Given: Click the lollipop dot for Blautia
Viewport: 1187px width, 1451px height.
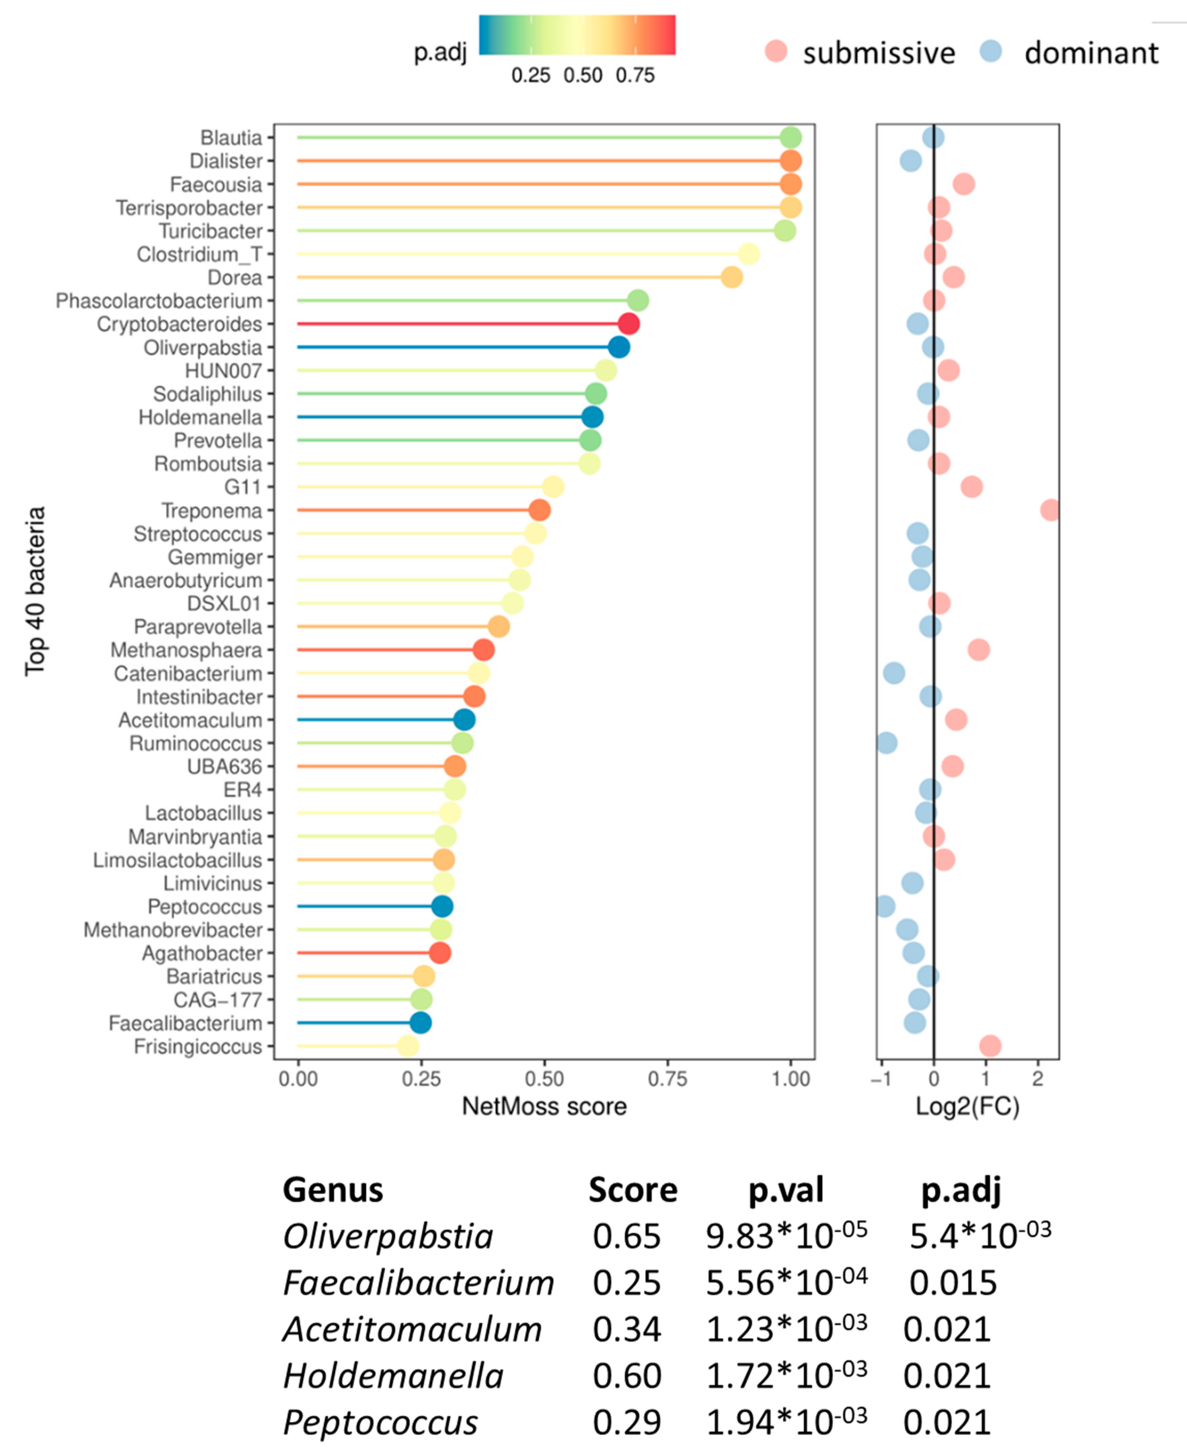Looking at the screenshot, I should point(790,138).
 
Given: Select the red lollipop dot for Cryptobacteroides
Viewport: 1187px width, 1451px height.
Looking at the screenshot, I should point(628,324).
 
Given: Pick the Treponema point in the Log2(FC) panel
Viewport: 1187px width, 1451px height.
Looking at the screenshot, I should point(1050,510).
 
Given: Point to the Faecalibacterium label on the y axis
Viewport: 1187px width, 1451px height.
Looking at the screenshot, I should point(185,1023).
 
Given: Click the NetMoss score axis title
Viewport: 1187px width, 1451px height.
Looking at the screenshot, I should point(544,1106).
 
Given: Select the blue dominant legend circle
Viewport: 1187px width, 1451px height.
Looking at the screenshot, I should point(991,51).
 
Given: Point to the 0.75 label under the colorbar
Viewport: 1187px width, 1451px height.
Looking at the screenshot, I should point(635,75).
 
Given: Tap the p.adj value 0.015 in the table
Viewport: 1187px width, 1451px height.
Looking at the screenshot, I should point(952,1283).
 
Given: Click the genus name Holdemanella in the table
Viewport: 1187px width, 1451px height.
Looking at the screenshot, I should point(393,1376).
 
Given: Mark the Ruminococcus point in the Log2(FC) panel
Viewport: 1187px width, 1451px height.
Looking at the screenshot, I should point(887,743).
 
